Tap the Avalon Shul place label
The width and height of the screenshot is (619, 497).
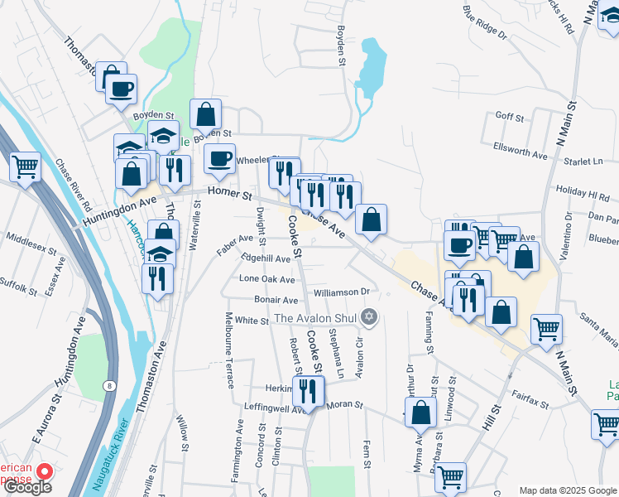[318, 318]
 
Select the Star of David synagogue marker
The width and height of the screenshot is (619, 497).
[370, 316]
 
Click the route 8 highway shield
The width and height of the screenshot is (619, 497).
[108, 386]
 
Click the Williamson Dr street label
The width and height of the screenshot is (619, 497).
[341, 292]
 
